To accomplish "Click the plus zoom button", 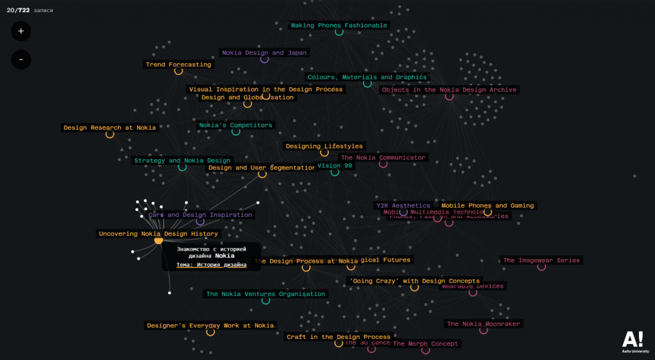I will (x=20, y=31).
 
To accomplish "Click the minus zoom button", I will (x=20, y=59).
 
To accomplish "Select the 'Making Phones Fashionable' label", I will (x=339, y=26).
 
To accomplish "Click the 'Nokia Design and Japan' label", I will (x=264, y=53).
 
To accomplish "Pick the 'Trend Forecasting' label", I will (x=178, y=65).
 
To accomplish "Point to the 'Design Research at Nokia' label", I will (x=109, y=128).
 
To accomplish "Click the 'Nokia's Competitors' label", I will (x=236, y=125).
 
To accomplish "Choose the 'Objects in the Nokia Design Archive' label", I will (x=449, y=90).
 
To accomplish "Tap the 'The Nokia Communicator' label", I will (x=383, y=158).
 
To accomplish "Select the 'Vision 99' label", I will (x=335, y=166).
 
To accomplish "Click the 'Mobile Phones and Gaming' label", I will (x=487, y=206).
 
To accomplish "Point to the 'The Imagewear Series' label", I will (x=541, y=261).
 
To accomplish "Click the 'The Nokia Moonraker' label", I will (x=484, y=324).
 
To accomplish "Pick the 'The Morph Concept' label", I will (x=425, y=344).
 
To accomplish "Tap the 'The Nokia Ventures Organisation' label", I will (x=265, y=294).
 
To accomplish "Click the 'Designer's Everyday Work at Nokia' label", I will (x=210, y=325).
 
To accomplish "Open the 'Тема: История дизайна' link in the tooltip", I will (x=211, y=265).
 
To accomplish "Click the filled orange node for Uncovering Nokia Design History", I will (x=159, y=240).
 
